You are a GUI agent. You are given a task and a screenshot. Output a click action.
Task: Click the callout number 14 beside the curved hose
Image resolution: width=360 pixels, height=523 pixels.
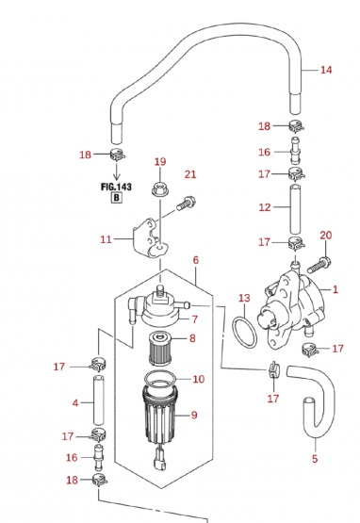click(326, 70)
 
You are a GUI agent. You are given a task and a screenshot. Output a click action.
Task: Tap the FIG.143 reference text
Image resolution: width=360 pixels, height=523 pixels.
click(116, 187)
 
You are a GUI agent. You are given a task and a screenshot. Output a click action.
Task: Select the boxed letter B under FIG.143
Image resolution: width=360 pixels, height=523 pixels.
click(117, 198)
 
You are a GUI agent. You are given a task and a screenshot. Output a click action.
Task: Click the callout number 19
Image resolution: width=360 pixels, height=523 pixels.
click(160, 162)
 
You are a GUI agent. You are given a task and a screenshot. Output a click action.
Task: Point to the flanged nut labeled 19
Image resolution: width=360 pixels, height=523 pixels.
click(160, 189)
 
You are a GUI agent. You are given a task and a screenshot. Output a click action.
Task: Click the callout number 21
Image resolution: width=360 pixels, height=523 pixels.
click(190, 174)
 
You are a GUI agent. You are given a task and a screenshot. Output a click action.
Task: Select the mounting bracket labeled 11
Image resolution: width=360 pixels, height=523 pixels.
click(150, 238)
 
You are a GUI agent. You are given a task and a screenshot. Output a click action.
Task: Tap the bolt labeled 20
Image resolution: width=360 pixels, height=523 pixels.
click(319, 264)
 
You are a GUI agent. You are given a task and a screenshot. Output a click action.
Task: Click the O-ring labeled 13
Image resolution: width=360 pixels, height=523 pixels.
click(233, 333)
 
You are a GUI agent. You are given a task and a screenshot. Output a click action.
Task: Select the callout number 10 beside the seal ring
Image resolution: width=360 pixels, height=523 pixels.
click(199, 379)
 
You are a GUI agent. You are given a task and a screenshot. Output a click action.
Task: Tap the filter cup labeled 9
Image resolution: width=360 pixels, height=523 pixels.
click(159, 415)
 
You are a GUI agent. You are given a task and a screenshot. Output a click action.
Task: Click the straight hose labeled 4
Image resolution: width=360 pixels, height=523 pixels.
click(98, 400)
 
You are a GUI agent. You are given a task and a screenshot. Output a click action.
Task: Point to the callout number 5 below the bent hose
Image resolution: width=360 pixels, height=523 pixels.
click(315, 459)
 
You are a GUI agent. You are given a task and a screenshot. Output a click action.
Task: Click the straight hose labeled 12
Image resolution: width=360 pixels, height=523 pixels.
click(295, 209)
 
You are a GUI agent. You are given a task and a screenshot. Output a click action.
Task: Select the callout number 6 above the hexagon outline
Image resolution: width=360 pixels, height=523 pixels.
click(195, 260)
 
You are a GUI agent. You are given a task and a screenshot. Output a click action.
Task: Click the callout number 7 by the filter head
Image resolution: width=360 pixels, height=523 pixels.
click(195, 319)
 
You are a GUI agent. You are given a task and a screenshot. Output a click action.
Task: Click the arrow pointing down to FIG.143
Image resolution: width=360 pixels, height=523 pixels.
click(116, 171)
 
